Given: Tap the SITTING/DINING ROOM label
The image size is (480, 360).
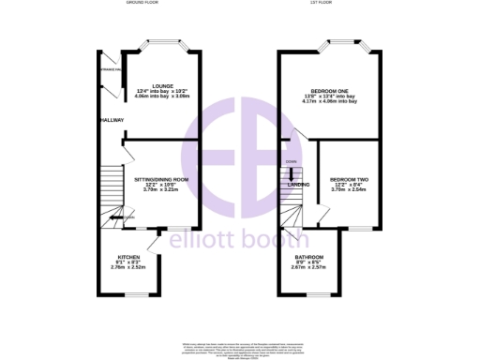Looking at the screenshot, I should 161,178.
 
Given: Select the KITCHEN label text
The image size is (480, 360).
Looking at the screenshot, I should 129,256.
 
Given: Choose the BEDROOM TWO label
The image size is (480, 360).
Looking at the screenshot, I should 348,178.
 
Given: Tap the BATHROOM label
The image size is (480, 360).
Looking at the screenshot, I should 309,257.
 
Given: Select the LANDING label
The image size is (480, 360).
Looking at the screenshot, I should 299,185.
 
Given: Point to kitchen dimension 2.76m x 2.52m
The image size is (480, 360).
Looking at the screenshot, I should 129,267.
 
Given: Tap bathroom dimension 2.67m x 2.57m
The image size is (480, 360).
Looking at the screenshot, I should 309,268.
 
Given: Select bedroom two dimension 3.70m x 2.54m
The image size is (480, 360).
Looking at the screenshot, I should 348,189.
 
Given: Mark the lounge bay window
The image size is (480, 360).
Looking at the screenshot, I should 162,44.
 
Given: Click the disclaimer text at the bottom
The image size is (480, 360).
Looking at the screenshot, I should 240,348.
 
